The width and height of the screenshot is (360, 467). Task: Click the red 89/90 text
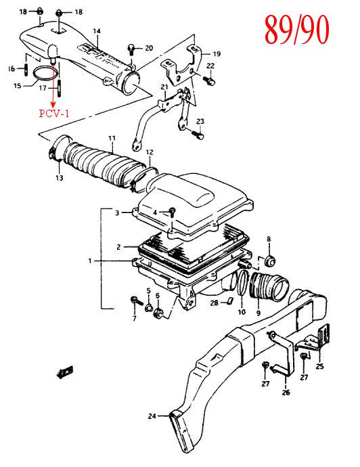296,29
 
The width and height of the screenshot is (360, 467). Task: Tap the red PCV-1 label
54,114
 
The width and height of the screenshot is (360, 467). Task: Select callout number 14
97,31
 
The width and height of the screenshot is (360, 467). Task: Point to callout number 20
149,48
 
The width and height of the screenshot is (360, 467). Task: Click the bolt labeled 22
209,80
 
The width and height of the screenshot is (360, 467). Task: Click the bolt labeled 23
198,135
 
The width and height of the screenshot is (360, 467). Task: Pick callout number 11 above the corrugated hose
112,138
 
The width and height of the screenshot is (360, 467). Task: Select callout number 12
150,152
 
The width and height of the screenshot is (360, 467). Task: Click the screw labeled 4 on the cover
172,212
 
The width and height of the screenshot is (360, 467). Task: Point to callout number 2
118,246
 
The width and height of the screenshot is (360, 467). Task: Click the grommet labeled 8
270,261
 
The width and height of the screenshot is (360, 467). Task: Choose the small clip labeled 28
229,301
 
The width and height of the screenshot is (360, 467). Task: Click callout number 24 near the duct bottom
152,416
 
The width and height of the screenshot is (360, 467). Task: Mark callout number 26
286,393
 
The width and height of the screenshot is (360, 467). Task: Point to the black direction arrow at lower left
64,372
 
